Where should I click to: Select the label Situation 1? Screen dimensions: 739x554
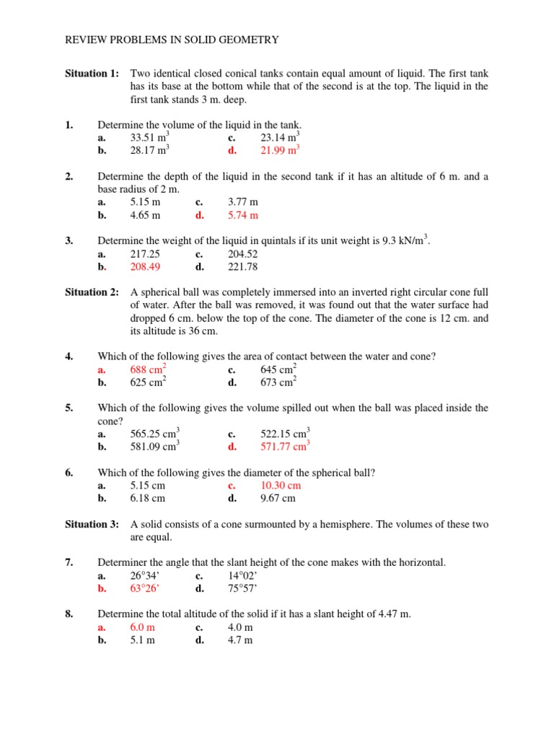tap(92, 74)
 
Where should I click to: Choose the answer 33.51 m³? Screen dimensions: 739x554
tap(149, 137)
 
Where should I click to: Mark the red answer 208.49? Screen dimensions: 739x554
tap(145, 266)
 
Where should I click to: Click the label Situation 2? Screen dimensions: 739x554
tap(92, 292)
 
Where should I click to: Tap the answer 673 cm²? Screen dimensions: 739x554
tap(278, 382)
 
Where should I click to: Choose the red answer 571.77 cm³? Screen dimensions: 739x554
tap(284, 447)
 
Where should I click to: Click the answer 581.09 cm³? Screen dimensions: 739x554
tap(154, 447)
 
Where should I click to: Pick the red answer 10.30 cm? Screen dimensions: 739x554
tap(280, 486)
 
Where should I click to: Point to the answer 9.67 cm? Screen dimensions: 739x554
tap(277, 498)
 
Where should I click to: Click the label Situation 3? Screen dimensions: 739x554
tap(92, 524)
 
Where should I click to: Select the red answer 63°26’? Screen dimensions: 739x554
tap(144, 588)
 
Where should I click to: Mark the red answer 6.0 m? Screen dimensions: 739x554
tap(142, 627)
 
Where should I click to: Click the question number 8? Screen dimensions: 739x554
tap(69, 614)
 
